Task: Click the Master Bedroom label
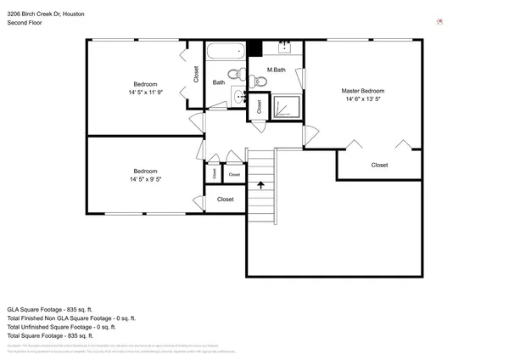coord(363,91)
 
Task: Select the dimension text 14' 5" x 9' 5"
coord(145,180)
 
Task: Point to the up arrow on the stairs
coord(261,183)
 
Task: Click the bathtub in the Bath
coord(225,53)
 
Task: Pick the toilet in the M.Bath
coord(260,82)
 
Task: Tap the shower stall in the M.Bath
coord(287,106)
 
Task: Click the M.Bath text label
coord(276,70)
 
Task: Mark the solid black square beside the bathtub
coord(253,49)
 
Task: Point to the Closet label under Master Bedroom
coord(380,166)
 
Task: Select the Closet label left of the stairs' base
coord(225,200)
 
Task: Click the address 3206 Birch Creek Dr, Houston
coord(45,14)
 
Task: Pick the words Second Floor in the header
coord(25,24)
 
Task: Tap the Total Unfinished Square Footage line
coord(60,327)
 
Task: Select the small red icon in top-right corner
coord(439,20)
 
